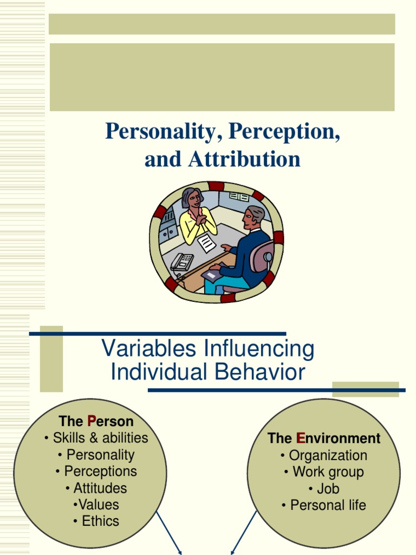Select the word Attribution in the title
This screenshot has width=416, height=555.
pyautogui.click(x=244, y=159)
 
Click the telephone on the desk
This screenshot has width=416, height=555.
pyautogui.click(x=182, y=262)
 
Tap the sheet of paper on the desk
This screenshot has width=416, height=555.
pyautogui.click(x=206, y=243)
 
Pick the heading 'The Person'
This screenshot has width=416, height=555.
pyautogui.click(x=96, y=421)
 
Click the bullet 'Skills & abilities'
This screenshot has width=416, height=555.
pyautogui.click(x=96, y=437)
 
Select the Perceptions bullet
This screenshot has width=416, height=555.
pyautogui.click(x=96, y=471)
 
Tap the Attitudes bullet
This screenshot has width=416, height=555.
pyautogui.click(x=96, y=488)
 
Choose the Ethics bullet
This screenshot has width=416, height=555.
pyautogui.click(x=96, y=521)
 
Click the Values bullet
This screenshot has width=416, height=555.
pyautogui.click(x=96, y=504)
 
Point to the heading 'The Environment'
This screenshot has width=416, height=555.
pyautogui.click(x=324, y=438)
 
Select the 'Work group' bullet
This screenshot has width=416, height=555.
pyautogui.click(x=324, y=472)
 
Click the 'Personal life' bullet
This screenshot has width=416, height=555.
pyautogui.click(x=324, y=505)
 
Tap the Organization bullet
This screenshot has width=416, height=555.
pyautogui.click(x=324, y=455)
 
